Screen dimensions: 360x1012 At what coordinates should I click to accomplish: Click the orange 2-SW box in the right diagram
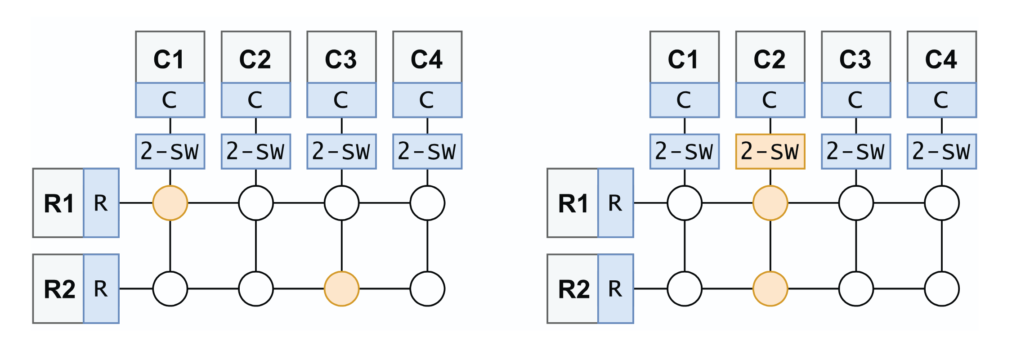click(770, 151)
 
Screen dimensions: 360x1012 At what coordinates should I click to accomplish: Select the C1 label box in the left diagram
click(170, 57)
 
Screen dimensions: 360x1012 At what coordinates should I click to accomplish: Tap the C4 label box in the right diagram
click(941, 57)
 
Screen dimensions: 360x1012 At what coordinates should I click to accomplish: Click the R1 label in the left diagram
click(58, 203)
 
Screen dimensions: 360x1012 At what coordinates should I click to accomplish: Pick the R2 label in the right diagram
click(573, 288)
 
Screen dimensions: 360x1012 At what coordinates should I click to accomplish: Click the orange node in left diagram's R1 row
click(170, 203)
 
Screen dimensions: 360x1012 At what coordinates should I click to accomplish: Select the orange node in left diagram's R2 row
click(341, 288)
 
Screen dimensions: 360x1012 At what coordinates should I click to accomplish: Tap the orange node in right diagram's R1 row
click(770, 203)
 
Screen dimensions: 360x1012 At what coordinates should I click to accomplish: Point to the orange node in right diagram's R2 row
click(770, 288)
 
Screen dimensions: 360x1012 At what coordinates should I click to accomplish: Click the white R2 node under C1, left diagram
click(170, 288)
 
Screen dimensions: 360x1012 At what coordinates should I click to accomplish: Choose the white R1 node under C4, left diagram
click(427, 203)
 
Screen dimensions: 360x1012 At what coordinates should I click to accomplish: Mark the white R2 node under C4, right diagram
click(941, 288)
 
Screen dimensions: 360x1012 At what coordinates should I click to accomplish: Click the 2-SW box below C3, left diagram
click(341, 151)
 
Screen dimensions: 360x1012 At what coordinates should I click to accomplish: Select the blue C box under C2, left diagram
click(255, 100)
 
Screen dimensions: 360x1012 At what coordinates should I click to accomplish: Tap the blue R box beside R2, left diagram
click(101, 288)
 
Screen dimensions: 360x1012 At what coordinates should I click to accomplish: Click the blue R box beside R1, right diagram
click(615, 203)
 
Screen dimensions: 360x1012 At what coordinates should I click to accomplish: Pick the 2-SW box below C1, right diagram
click(684, 151)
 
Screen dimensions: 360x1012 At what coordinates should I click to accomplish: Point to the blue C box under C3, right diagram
click(855, 100)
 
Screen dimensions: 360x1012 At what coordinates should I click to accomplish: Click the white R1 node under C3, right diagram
click(855, 203)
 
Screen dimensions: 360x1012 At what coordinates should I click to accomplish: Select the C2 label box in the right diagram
click(770, 57)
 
